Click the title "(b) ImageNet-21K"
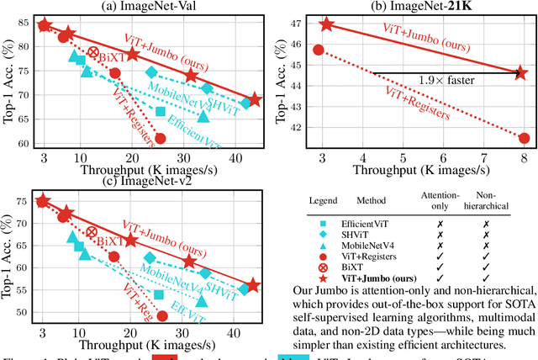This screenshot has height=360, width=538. tap(419, 7)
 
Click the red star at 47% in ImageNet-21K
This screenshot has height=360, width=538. tap(326, 24)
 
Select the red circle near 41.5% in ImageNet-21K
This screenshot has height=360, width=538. tap(524, 138)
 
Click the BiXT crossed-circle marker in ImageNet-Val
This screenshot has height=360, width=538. tap(93, 53)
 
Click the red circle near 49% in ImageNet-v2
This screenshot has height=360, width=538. tap(162, 316)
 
